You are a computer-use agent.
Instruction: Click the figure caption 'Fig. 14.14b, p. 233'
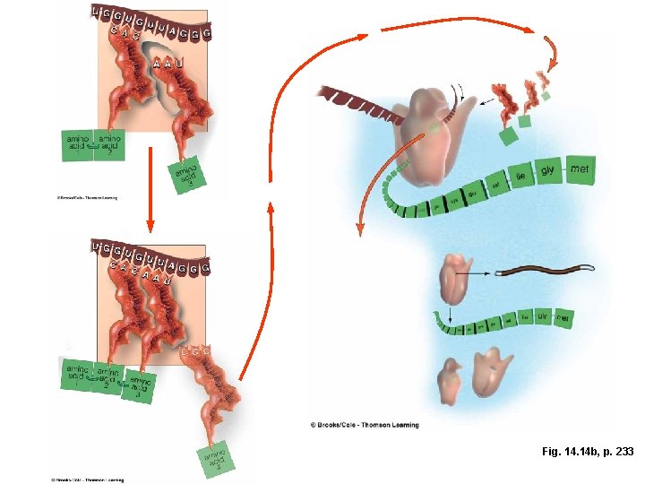[x=587, y=452]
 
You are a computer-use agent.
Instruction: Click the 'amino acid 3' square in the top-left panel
[x=186, y=174]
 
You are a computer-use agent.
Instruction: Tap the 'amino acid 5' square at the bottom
[x=216, y=461]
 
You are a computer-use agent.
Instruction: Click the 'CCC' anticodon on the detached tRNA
[x=194, y=352]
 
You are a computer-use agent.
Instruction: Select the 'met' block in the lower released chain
[x=563, y=317]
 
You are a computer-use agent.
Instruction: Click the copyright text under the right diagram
[x=364, y=425]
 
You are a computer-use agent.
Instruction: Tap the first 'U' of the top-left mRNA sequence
[x=97, y=12]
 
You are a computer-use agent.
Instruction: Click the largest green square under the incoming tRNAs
[x=509, y=136]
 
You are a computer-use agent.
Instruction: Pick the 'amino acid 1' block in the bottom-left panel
[x=77, y=375]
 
